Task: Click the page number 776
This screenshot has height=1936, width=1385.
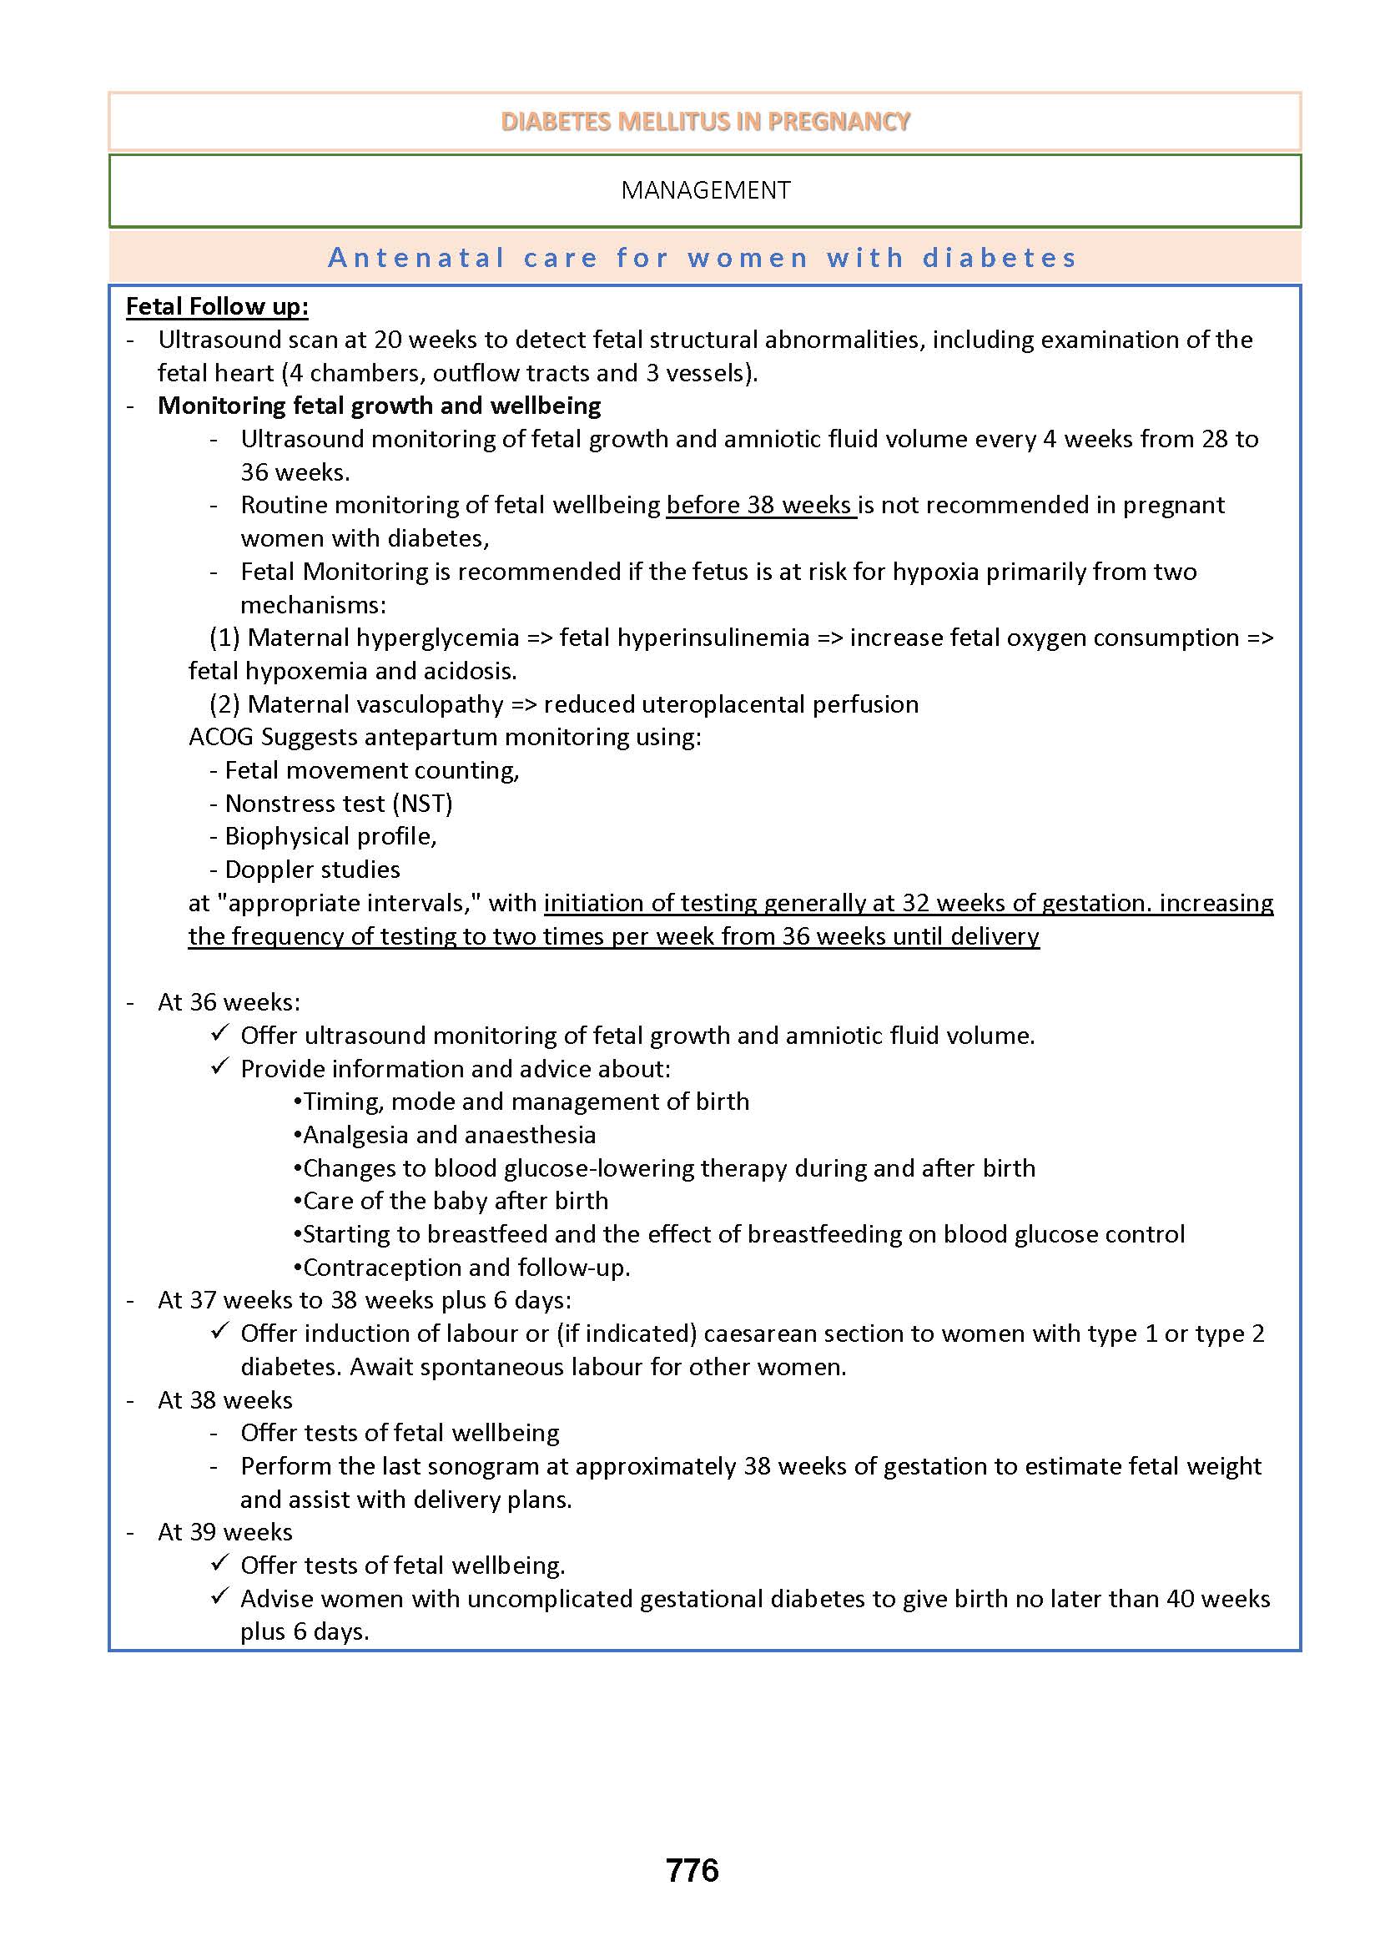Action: point(692,1870)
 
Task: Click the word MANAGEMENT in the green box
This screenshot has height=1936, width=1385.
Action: point(705,190)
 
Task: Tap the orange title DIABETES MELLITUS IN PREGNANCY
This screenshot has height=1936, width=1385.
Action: point(705,122)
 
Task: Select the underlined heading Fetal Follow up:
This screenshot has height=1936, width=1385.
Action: point(217,306)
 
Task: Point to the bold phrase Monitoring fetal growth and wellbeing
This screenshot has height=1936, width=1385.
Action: point(379,405)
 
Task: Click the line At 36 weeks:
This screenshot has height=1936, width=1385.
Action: point(229,1002)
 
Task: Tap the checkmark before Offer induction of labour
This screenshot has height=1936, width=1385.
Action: point(220,1332)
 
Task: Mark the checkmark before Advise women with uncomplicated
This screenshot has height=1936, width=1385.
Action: point(220,1597)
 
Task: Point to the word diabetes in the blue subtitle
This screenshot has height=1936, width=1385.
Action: point(1000,258)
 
